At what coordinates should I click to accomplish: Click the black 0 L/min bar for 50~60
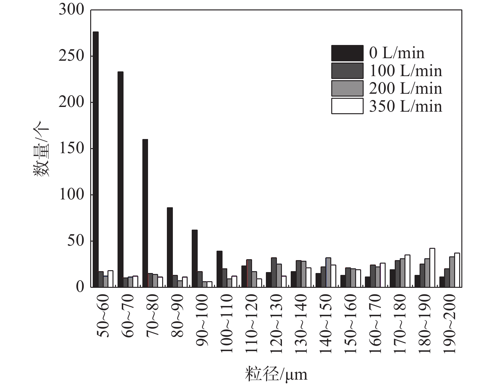point(96,159)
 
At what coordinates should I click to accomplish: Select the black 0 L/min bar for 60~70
point(120,179)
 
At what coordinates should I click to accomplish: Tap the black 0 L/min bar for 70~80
point(145,213)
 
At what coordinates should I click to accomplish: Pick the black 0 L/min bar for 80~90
point(170,247)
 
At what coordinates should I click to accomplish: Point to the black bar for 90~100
point(195,259)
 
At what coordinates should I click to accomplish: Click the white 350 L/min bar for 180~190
point(432,268)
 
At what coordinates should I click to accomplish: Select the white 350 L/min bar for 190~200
point(457,270)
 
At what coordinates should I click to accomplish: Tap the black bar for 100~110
point(219,269)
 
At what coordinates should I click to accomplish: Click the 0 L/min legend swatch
point(347,53)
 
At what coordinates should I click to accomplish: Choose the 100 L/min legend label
point(405,71)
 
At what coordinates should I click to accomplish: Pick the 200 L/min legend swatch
point(347,88)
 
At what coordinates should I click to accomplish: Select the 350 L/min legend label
point(405,106)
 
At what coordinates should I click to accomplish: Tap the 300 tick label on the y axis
point(72,10)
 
